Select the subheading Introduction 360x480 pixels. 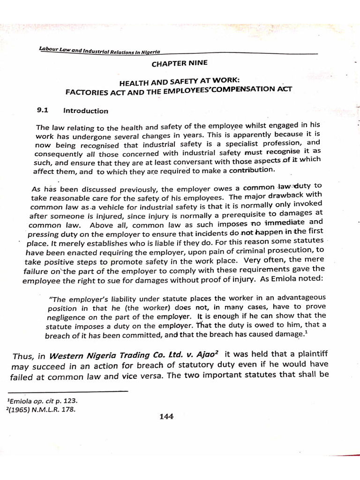coord(86,111)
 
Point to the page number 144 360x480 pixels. coord(166,416)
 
